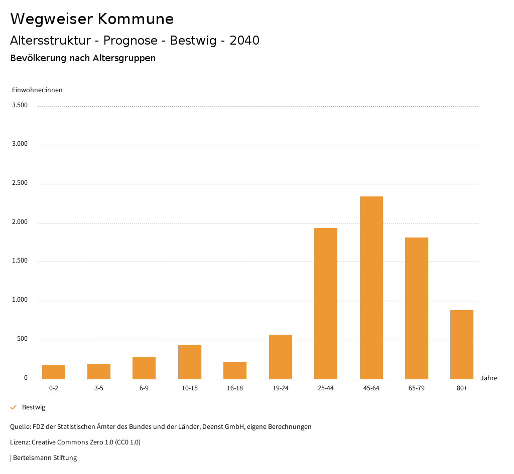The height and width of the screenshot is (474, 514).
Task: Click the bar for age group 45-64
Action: (371, 288)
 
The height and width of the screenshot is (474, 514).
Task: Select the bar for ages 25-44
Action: (326, 303)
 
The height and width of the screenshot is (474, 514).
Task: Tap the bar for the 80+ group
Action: (462, 344)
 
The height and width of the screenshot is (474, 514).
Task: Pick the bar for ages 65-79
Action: (417, 308)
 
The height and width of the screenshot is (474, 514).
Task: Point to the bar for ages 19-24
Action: (281, 357)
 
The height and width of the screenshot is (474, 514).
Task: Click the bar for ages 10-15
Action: (190, 362)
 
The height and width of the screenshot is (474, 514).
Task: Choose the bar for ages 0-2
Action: (54, 372)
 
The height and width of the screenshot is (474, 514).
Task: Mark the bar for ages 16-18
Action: (235, 370)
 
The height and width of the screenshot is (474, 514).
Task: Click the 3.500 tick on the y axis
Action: (20, 105)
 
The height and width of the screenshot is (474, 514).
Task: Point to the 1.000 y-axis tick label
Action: (20, 300)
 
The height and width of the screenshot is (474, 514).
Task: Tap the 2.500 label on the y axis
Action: (20, 183)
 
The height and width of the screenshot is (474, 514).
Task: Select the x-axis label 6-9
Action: (144, 388)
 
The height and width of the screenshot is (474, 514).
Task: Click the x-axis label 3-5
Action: (99, 388)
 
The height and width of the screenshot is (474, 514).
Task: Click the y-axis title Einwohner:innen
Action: (37, 90)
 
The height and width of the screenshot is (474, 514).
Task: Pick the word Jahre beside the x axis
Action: (489, 378)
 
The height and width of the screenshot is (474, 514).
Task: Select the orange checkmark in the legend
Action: (14, 407)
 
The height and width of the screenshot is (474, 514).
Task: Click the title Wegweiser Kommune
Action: (92, 19)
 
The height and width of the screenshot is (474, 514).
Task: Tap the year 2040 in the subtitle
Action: (244, 41)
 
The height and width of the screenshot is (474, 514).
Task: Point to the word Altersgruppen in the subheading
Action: (124, 58)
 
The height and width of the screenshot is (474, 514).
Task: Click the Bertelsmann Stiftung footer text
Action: (45, 458)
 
